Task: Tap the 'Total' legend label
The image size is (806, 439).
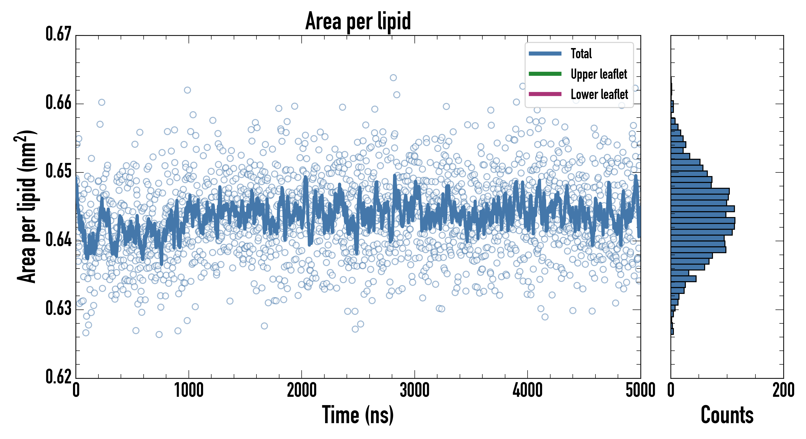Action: (581, 53)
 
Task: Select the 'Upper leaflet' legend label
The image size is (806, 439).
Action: (599, 74)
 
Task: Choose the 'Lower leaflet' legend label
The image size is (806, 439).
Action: (599, 94)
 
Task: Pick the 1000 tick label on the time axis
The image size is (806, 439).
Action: (189, 390)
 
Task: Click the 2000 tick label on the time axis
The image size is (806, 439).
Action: (302, 390)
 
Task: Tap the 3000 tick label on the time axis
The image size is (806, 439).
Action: (414, 390)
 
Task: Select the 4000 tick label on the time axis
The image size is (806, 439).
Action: (528, 390)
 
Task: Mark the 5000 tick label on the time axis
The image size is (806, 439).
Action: (640, 390)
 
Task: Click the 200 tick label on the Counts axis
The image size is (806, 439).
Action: (783, 390)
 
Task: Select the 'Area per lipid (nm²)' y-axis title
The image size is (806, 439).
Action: (27, 207)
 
